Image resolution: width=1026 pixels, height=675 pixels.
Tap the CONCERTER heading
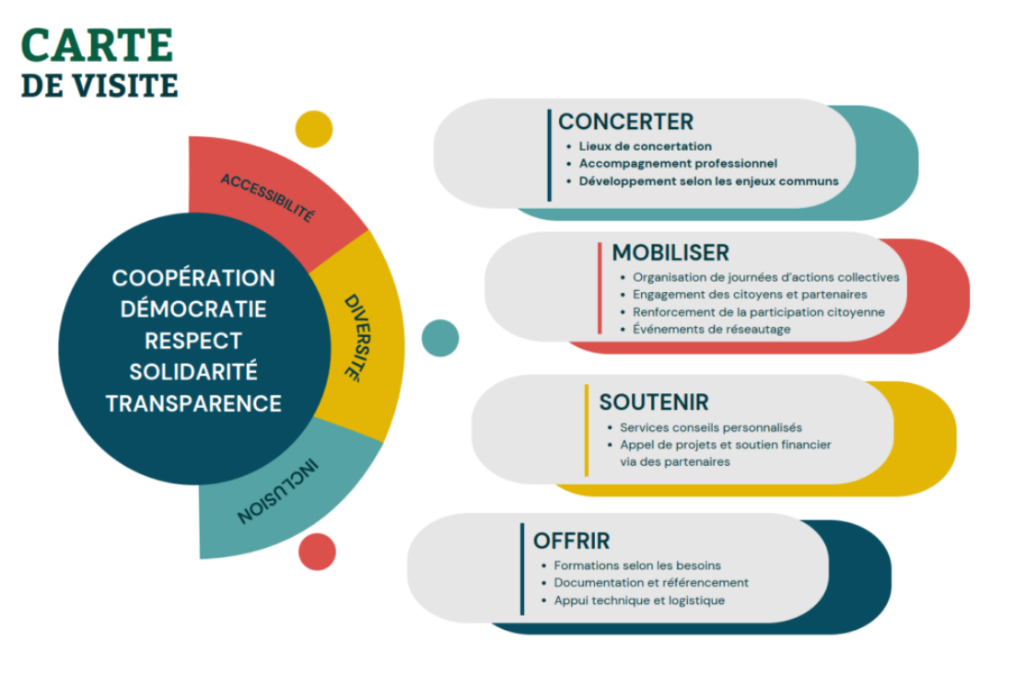[625, 122]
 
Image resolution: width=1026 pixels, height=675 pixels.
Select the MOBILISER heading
[670, 252]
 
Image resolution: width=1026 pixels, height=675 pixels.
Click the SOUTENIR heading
[654, 402]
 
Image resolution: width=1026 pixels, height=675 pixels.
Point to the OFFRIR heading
[571, 541]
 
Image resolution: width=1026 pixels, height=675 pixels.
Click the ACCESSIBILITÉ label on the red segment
[267, 197]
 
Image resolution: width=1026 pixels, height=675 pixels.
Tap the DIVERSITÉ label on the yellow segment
[352, 338]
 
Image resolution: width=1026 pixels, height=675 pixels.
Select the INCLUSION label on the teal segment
[276, 489]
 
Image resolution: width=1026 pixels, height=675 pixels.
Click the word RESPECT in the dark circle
[193, 341]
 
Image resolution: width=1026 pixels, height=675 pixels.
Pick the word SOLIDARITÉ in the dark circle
[193, 372]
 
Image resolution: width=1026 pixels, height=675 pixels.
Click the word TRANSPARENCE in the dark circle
[193, 403]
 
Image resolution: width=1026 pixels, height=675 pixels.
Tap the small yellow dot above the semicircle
[313, 129]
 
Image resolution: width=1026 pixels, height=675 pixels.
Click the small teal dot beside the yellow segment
[440, 338]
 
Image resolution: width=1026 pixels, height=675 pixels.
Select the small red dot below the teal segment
[317, 551]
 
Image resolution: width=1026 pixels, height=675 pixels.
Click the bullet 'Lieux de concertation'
[645, 146]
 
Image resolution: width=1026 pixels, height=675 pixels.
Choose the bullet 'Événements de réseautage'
[711, 329]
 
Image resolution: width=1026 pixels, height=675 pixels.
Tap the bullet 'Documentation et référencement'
[651, 583]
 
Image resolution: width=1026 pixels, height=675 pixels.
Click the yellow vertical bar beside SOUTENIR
[586, 430]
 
